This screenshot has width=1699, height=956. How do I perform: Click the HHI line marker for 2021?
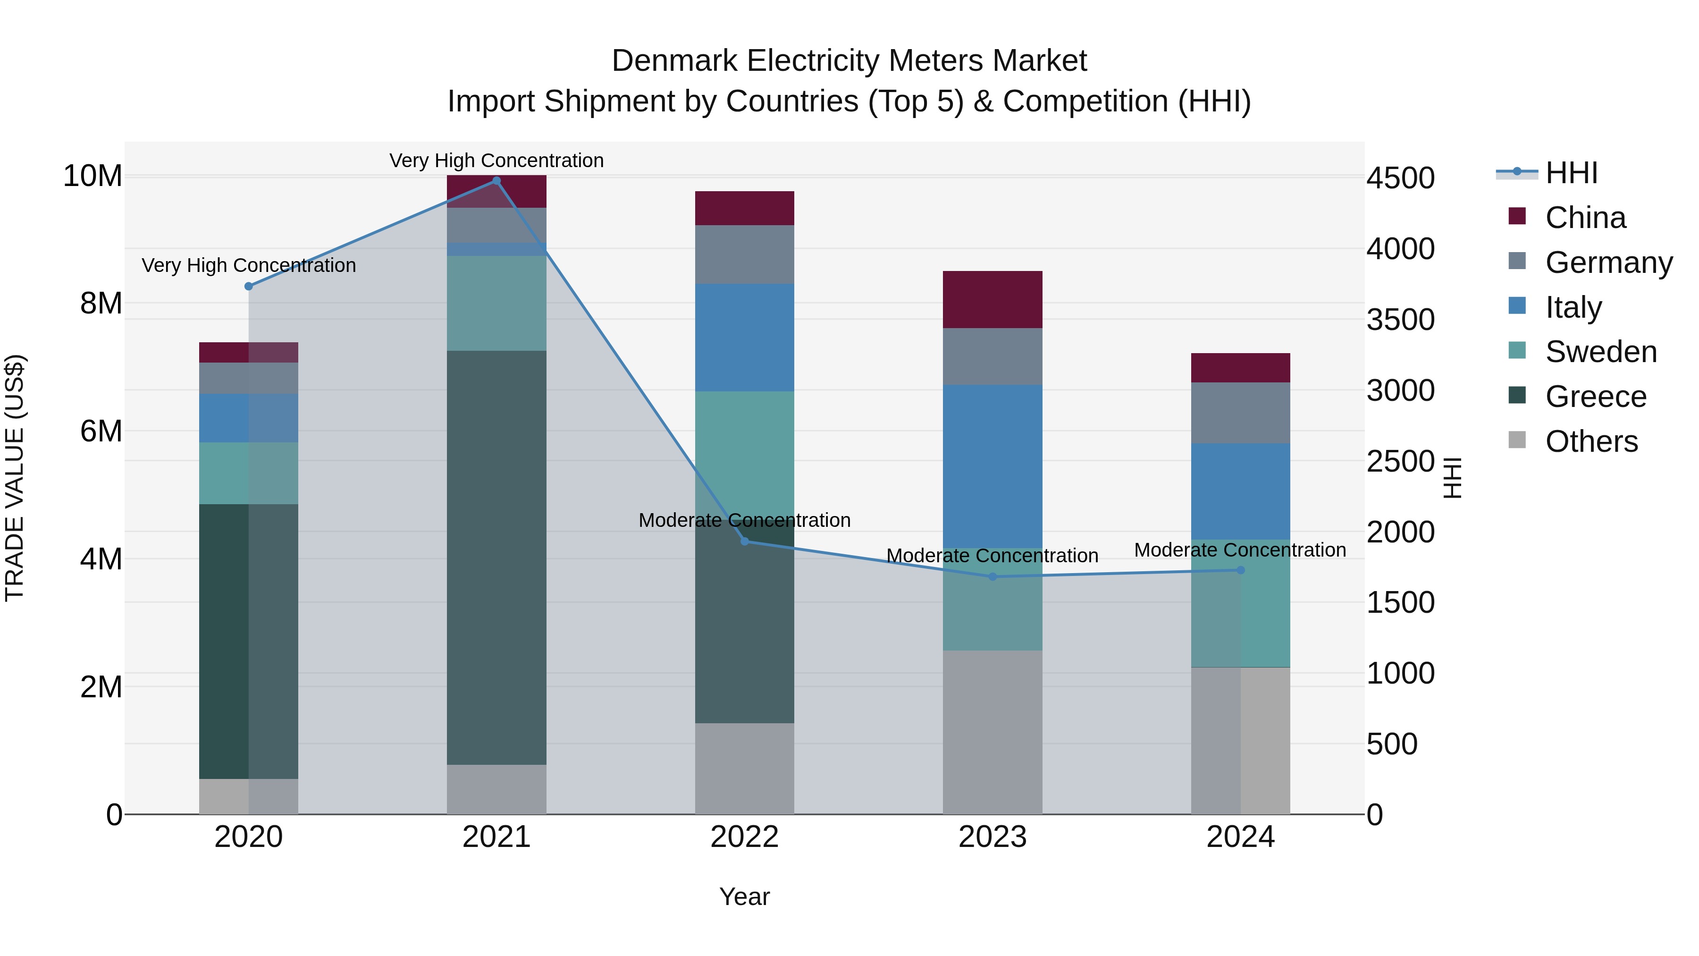(x=496, y=181)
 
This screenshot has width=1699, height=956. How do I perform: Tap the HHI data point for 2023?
(x=992, y=576)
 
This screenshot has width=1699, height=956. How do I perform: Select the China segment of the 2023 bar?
(x=992, y=299)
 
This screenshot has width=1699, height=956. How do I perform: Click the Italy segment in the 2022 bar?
(x=745, y=338)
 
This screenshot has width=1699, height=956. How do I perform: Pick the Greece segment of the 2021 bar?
(x=496, y=558)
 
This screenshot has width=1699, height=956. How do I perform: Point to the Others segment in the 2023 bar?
(x=992, y=732)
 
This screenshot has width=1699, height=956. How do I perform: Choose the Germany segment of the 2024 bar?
(x=1241, y=413)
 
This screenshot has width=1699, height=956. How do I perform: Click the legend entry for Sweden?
(x=1601, y=352)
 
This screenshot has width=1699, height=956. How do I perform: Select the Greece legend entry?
(x=1596, y=397)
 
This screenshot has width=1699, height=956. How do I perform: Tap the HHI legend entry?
(x=1571, y=173)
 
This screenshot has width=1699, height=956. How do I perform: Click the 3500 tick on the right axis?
(x=1400, y=320)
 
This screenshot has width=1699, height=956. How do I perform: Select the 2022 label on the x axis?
(x=745, y=837)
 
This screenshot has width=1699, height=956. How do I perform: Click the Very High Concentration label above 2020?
(x=249, y=265)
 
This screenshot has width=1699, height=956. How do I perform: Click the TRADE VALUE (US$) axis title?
(x=15, y=478)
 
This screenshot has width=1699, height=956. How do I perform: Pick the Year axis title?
(x=745, y=897)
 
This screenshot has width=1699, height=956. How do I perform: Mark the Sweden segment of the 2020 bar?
(x=249, y=473)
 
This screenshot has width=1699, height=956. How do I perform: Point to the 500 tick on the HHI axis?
(x=1392, y=744)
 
